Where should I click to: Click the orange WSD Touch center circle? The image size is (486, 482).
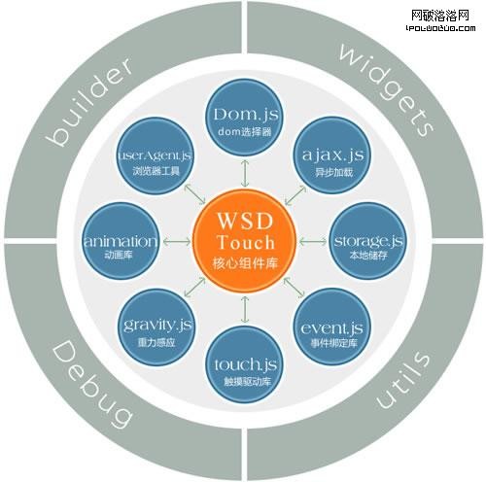[x=245, y=241]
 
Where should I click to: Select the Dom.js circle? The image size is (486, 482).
[x=245, y=118]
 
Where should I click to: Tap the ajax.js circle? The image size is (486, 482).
[x=333, y=155]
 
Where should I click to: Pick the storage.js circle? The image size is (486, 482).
[x=368, y=241]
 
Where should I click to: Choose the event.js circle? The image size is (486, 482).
[x=332, y=327]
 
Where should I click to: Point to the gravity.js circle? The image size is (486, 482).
[x=156, y=327]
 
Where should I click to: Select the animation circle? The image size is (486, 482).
[x=121, y=241]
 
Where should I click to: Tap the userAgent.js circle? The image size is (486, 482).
[x=156, y=155]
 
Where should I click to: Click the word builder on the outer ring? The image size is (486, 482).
[x=88, y=101]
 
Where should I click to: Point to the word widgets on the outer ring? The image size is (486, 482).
[x=387, y=89]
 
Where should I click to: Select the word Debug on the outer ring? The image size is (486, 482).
[x=92, y=384]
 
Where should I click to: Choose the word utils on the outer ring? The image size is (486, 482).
[x=402, y=379]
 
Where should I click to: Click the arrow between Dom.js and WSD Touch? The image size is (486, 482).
[x=245, y=173]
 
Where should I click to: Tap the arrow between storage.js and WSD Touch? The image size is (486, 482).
[x=313, y=241]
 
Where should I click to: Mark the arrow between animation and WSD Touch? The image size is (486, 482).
[x=177, y=241]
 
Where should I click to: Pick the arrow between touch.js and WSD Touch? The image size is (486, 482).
[x=245, y=309]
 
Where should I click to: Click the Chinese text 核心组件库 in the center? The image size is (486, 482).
[x=245, y=263]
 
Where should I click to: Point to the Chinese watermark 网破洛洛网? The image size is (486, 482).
[x=440, y=15]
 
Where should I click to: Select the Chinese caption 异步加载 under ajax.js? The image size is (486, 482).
[x=333, y=172]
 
